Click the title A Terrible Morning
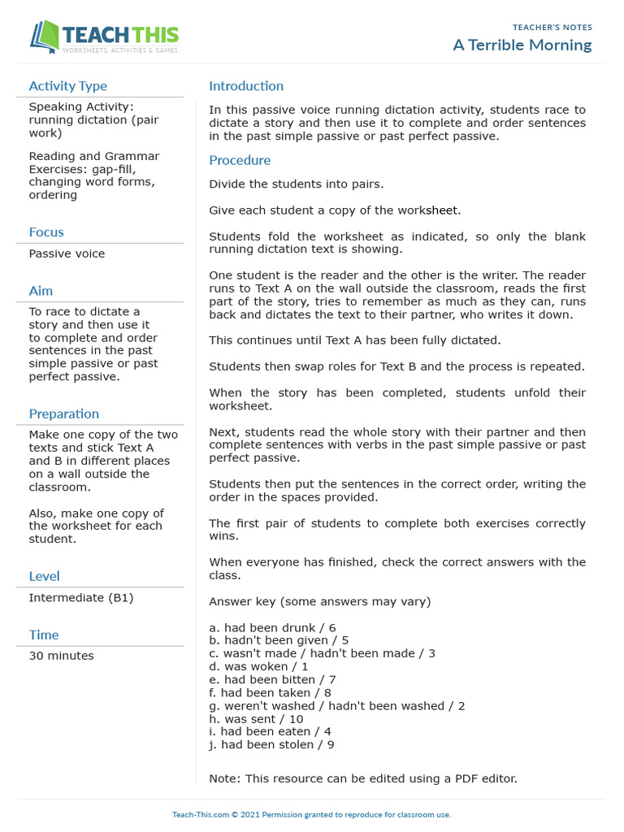tap(522, 45)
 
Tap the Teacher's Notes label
tap(552, 28)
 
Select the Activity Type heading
tap(67, 86)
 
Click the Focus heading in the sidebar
tap(46, 232)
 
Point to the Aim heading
tap(41, 291)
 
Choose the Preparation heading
tap(63, 414)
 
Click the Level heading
tap(44, 576)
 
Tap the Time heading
tap(44, 635)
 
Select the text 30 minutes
tap(61, 656)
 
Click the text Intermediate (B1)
tap(80, 597)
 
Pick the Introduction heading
tap(246, 86)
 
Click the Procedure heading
tap(240, 160)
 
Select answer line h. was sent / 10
tap(256, 718)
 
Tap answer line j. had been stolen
tap(271, 744)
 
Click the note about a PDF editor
tap(362, 778)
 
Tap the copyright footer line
tap(311, 814)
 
